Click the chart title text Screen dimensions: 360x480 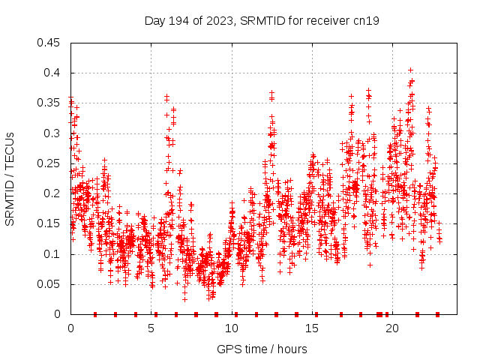(261, 21)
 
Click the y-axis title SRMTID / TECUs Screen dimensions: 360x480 (10, 179)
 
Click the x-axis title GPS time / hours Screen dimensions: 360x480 (262, 349)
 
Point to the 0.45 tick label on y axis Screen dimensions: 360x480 (49, 43)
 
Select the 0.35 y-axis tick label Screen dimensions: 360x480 (49, 103)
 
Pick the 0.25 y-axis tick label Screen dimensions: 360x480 (49, 163)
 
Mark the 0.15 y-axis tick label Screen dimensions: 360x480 (49, 223)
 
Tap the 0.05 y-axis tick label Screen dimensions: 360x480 (49, 284)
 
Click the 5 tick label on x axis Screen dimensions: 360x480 (151, 328)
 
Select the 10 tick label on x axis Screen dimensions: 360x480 (232, 328)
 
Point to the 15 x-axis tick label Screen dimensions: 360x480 (312, 328)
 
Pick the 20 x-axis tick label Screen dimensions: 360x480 (392, 328)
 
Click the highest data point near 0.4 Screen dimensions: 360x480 (410, 70)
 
